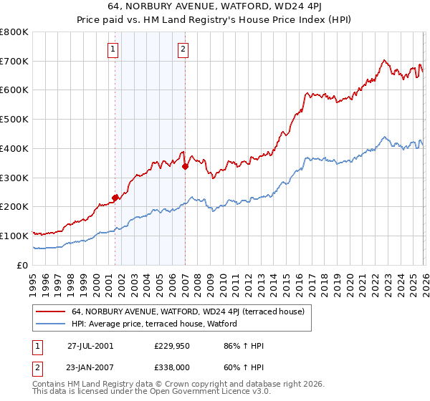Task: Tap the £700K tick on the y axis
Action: coord(14,61)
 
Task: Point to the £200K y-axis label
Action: coord(14,206)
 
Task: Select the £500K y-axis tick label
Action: coord(14,119)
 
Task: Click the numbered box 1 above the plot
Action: coord(114,49)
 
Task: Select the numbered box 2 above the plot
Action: coord(183,49)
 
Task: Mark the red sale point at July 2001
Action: coord(115,198)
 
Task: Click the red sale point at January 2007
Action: coord(185,166)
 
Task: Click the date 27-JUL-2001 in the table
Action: coord(90,346)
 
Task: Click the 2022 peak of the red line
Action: coord(385,60)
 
